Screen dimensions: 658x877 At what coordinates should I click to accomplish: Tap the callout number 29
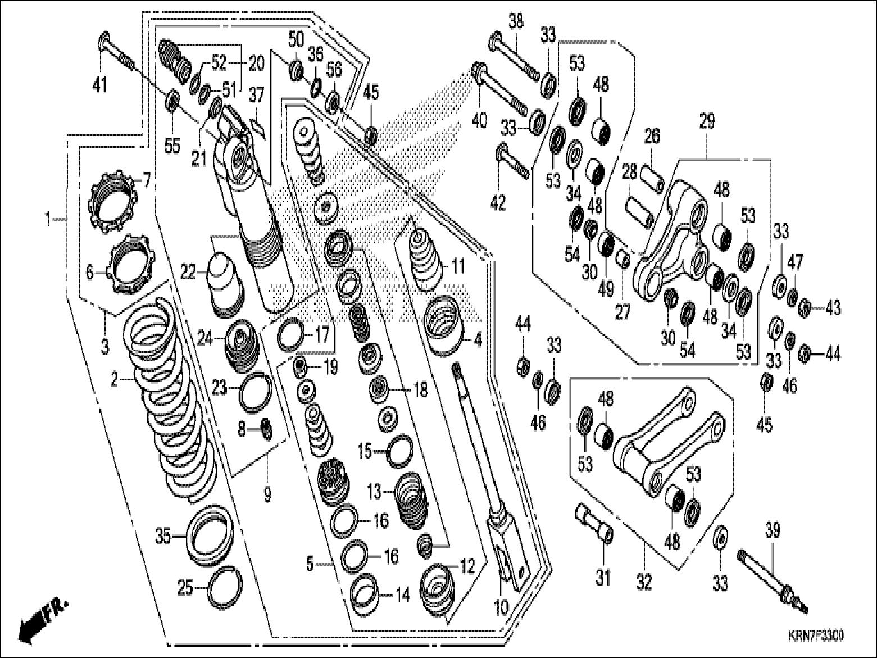click(707, 121)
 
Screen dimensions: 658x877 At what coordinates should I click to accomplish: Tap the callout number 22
click(188, 273)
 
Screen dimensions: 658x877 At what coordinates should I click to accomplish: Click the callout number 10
click(502, 606)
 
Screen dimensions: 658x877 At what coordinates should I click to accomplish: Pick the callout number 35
click(163, 537)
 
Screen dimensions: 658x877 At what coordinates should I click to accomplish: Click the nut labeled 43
click(804, 308)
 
